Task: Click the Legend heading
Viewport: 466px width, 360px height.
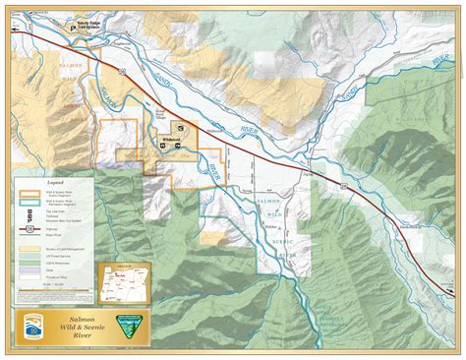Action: pyautogui.click(x=55, y=184)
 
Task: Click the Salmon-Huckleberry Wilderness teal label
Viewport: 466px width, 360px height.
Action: pyautogui.click(x=334, y=315)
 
